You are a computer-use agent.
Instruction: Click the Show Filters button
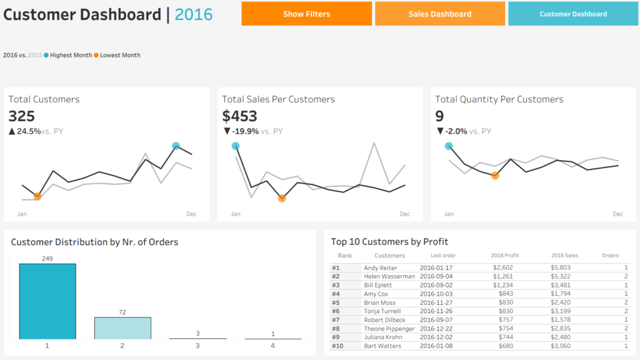click(x=306, y=14)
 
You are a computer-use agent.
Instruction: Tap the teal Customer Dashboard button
click(x=573, y=14)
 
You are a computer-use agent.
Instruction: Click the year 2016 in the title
click(x=194, y=15)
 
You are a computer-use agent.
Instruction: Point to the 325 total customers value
click(x=22, y=116)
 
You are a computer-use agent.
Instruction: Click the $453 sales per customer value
click(x=239, y=116)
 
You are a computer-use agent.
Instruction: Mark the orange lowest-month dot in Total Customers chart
click(x=37, y=196)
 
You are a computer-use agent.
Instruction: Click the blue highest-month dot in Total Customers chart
click(x=176, y=146)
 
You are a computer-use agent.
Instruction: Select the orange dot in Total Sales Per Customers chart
click(x=282, y=198)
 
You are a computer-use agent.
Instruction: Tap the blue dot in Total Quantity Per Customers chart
click(x=449, y=146)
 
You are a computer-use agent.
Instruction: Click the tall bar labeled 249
click(x=47, y=301)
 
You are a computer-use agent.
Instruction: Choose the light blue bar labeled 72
click(x=122, y=328)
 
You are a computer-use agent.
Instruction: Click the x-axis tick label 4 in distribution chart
click(x=272, y=346)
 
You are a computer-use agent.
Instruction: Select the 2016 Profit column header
click(x=504, y=256)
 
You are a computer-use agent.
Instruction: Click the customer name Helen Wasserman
click(x=389, y=276)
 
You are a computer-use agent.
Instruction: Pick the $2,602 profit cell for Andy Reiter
click(x=503, y=267)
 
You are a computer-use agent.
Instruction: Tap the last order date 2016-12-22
click(x=436, y=329)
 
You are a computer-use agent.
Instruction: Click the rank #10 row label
click(x=337, y=346)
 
